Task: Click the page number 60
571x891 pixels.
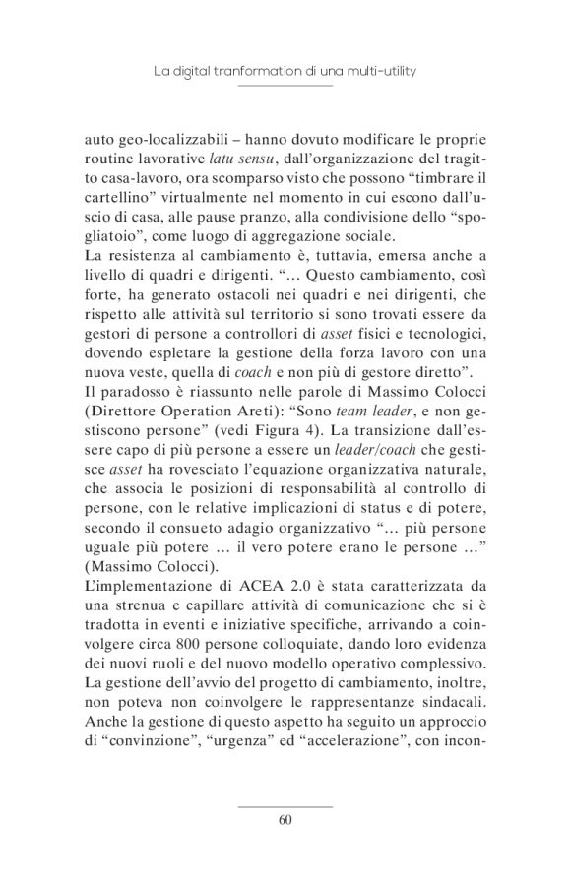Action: click(285, 820)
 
